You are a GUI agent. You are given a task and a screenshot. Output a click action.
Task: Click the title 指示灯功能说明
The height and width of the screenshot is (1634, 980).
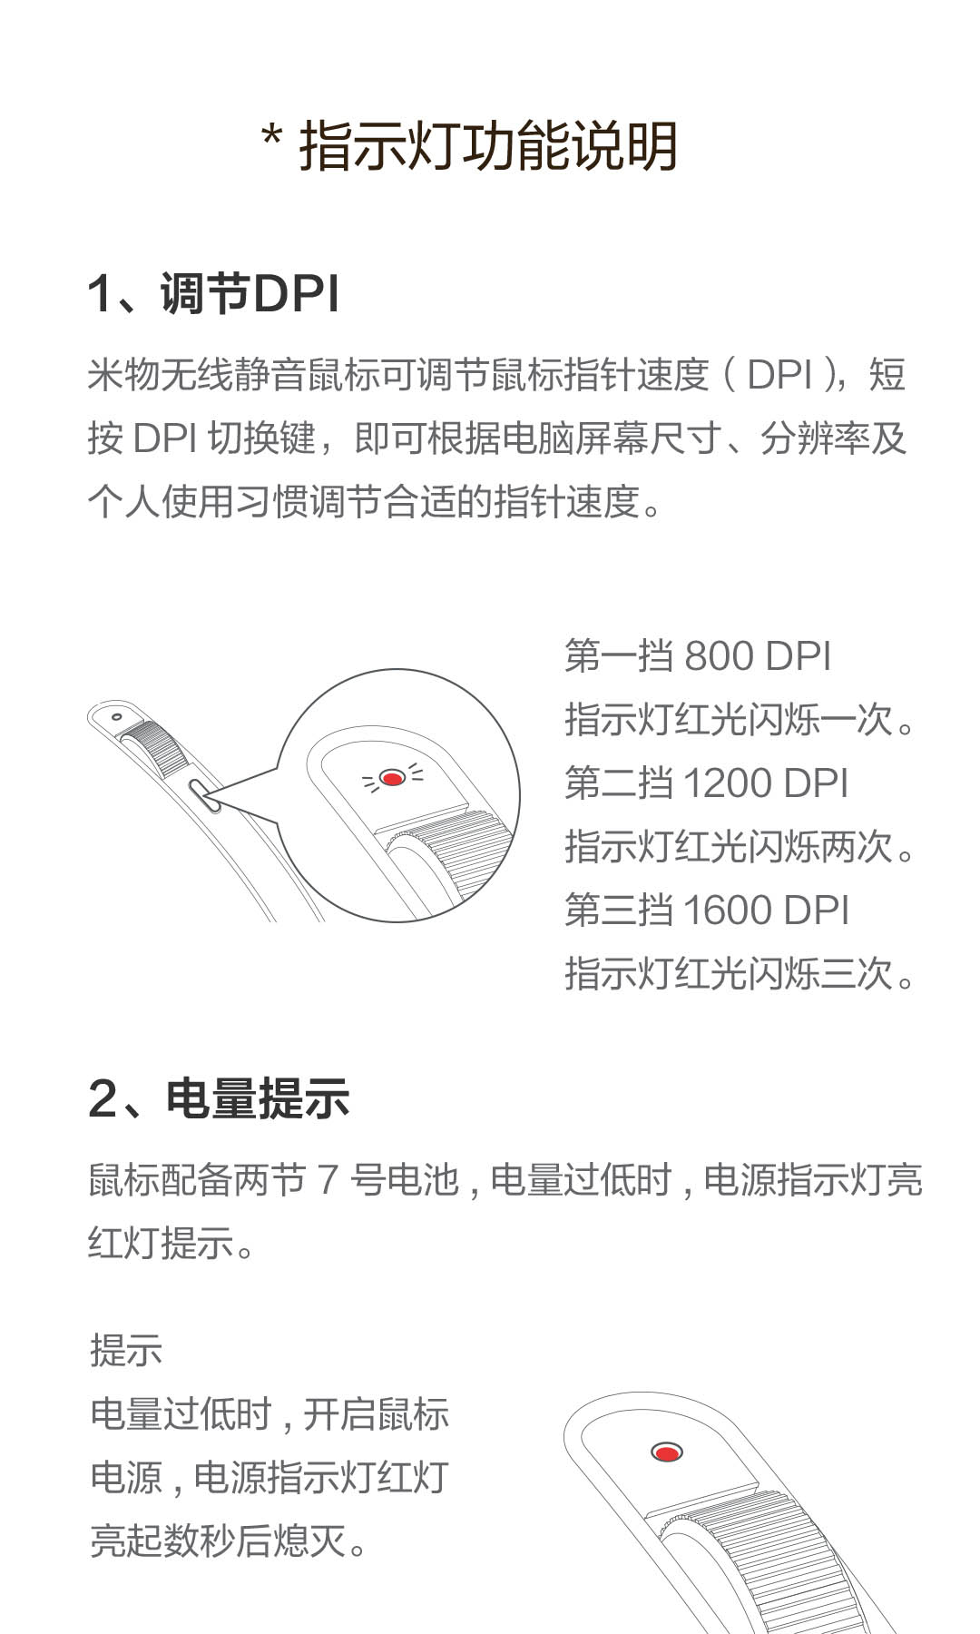coord(488,145)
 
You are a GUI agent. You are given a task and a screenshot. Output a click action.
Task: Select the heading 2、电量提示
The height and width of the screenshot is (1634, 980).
coord(219,1098)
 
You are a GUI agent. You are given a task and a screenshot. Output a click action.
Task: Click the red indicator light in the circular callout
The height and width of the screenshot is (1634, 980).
coord(392,778)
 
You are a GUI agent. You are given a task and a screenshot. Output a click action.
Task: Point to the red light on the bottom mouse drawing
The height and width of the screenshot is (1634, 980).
coord(667,1452)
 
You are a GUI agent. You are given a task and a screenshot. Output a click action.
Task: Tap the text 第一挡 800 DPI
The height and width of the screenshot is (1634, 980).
coord(698,655)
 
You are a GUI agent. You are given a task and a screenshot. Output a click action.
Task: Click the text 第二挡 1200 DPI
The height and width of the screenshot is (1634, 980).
coord(706,783)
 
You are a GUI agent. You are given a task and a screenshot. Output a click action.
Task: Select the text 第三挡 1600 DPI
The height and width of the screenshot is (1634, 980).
coord(706,910)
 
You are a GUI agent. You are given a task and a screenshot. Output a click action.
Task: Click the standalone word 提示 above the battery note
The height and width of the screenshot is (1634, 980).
coord(126,1350)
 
